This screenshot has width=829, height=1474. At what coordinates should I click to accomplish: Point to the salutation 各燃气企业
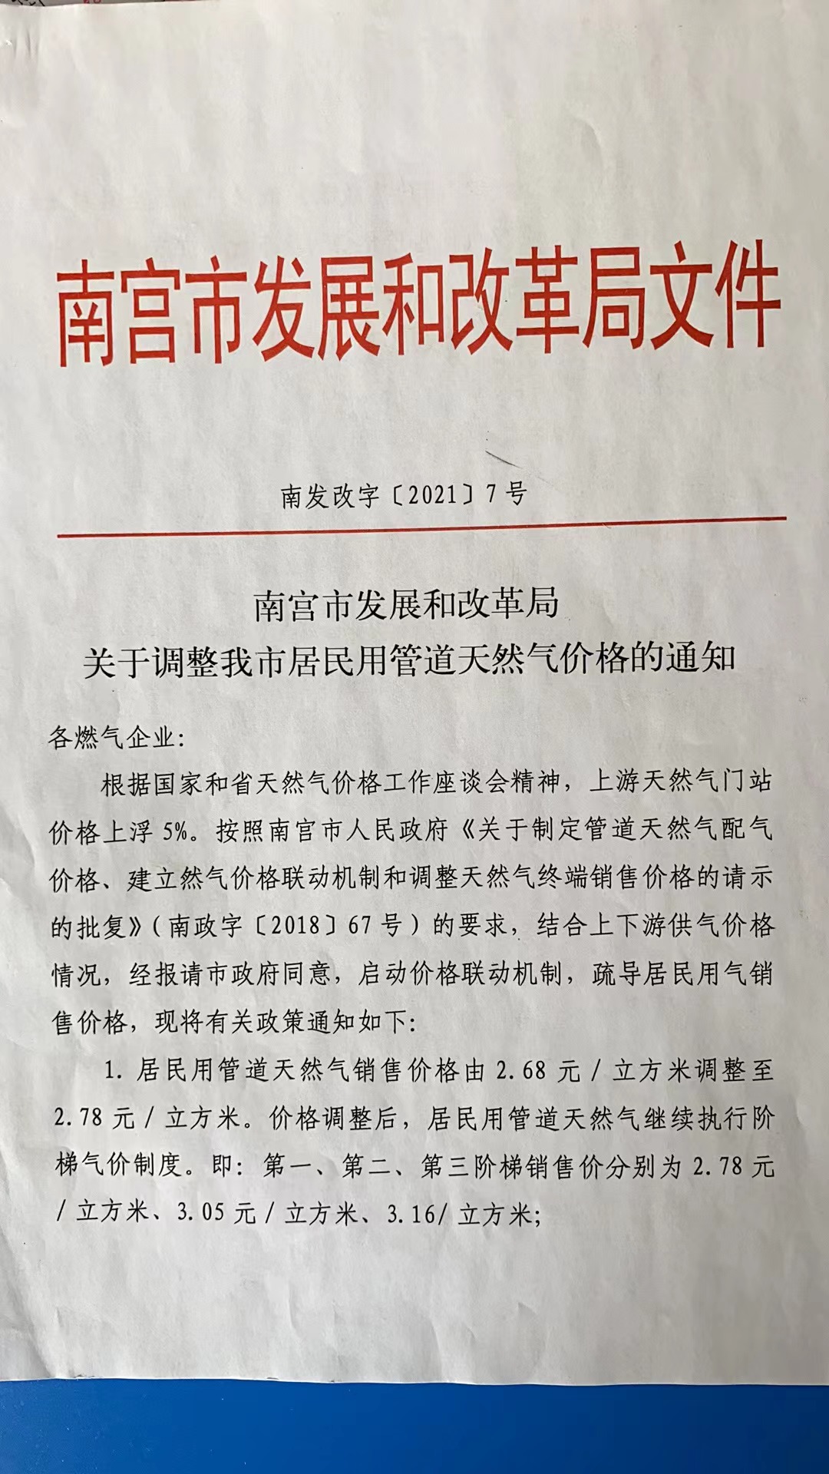click(111, 739)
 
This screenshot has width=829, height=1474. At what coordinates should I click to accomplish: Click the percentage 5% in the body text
click(177, 831)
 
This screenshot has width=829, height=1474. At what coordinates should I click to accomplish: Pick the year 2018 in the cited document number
click(295, 925)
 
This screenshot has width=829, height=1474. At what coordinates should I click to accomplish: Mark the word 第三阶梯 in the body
click(471, 1166)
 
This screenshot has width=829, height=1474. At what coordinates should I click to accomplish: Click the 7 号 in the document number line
click(507, 494)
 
